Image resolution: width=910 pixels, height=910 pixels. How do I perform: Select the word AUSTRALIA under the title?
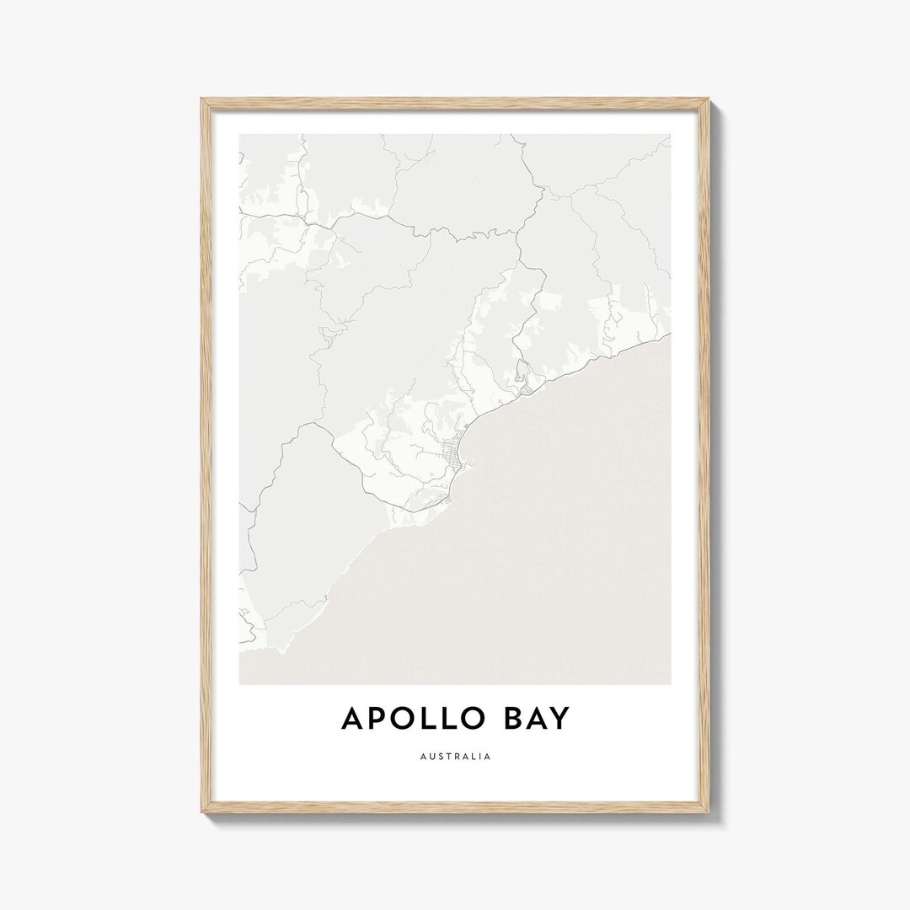(x=455, y=757)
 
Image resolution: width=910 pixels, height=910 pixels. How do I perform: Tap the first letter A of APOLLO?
(x=354, y=719)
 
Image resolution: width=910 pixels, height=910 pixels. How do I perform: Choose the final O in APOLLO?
(x=469, y=719)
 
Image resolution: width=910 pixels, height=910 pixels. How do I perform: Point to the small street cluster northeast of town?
(x=523, y=387)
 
